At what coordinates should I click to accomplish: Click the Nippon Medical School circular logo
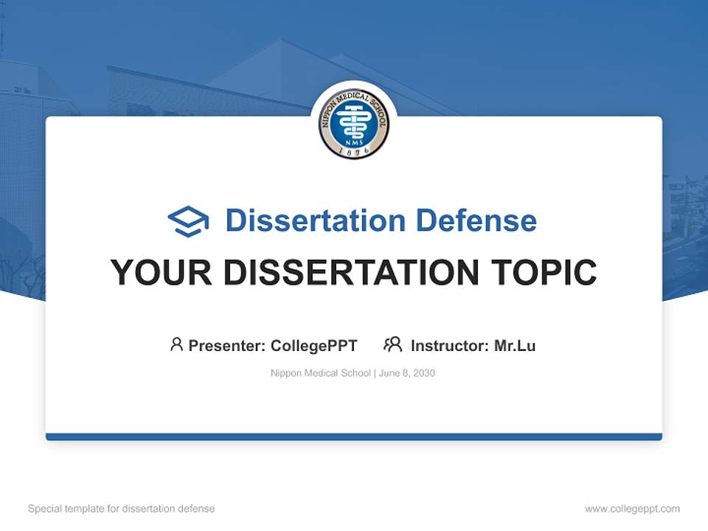pos(354,123)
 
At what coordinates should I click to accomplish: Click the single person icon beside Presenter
pos(176,344)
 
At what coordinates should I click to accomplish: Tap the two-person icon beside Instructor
pos(392,344)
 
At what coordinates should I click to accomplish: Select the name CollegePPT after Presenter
pos(314,346)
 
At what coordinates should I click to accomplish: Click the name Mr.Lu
pos(515,346)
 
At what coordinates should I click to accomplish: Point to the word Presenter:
pos(227,346)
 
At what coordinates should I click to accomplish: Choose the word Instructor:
pos(450,346)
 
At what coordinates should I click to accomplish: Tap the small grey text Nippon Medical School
pos(321,373)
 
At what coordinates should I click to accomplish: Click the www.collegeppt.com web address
pos(632,509)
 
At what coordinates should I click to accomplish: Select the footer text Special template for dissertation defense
pos(122,509)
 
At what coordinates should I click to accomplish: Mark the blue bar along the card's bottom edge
pos(354,437)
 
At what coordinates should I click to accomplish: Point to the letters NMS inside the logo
pos(354,138)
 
